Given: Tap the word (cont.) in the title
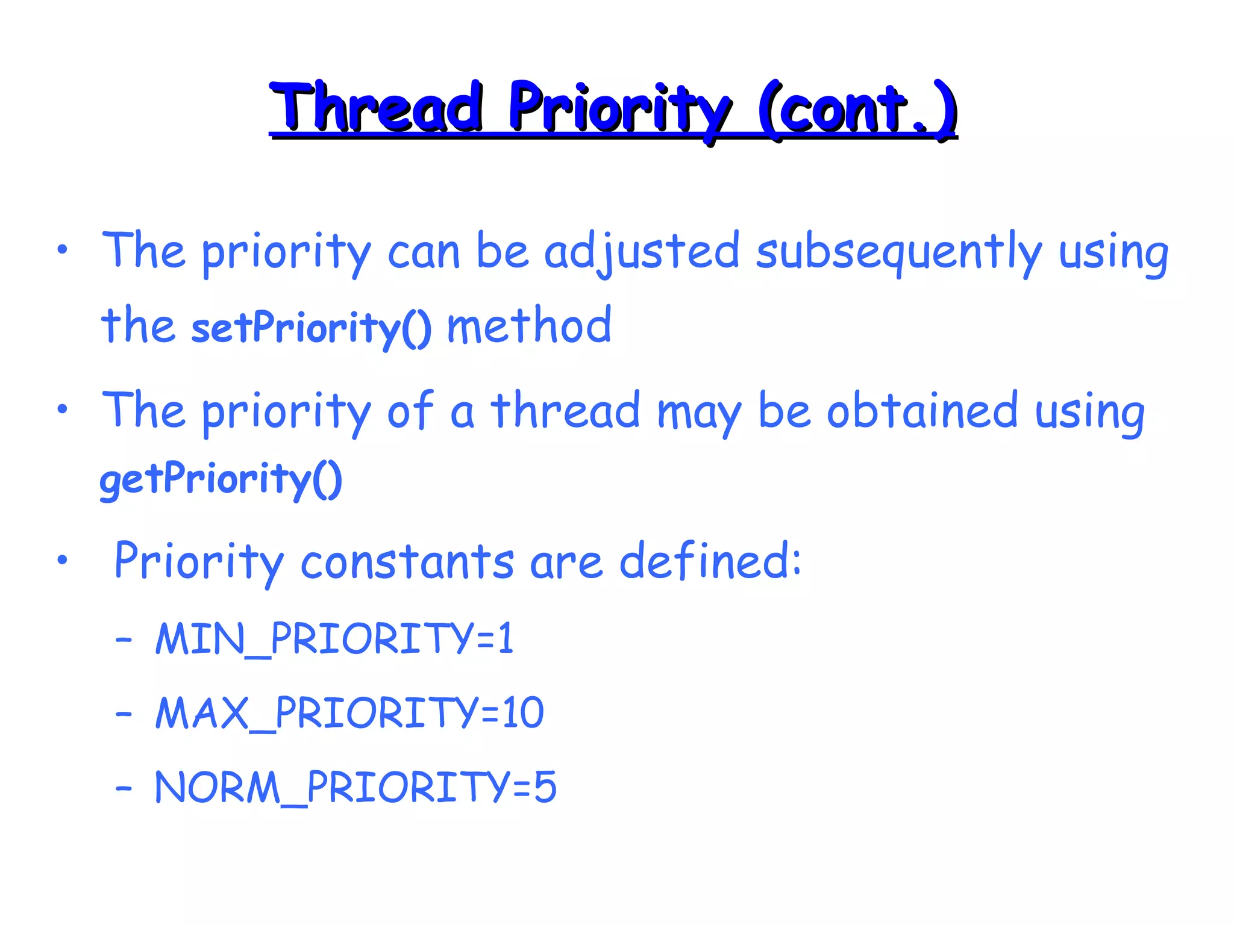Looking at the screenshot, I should [x=857, y=110].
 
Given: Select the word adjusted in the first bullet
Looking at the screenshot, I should [x=641, y=252].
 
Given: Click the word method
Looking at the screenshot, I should [x=529, y=326].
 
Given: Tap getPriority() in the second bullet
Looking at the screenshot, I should [x=221, y=480].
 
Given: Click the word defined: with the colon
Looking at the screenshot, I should [x=710, y=561].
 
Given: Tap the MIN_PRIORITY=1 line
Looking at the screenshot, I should [x=334, y=639].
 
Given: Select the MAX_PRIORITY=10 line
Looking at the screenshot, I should [x=349, y=714].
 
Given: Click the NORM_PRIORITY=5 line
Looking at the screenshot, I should [x=355, y=788].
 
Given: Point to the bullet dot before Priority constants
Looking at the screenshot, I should [x=62, y=560].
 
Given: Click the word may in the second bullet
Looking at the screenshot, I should [x=699, y=414].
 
